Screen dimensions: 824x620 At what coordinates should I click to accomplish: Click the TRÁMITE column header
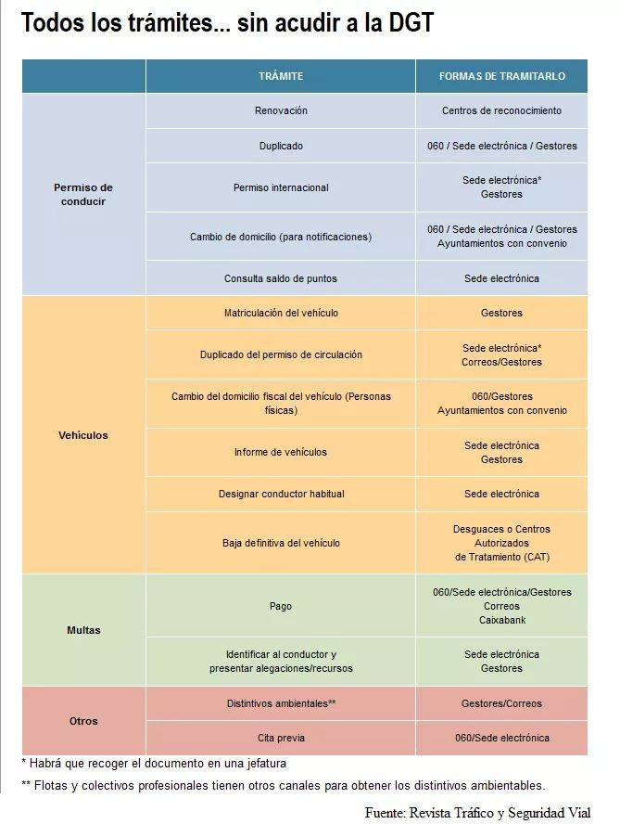280,76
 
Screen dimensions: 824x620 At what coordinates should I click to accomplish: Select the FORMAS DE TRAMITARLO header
501,76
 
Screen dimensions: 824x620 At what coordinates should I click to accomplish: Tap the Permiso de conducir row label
83,194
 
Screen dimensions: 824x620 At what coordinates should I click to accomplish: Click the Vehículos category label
83,435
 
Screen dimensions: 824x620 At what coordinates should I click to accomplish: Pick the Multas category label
83,630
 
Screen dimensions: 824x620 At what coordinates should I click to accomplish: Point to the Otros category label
83,721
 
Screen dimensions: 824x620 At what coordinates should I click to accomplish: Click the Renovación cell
281,110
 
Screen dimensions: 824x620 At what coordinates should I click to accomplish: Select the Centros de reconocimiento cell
501,110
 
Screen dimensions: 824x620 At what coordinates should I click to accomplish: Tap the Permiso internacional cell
281,187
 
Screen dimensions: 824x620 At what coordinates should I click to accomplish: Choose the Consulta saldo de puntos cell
281,278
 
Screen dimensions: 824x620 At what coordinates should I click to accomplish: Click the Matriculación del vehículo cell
281,313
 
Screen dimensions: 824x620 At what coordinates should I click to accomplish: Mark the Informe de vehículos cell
281,452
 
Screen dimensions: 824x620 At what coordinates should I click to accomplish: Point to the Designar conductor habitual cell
281,494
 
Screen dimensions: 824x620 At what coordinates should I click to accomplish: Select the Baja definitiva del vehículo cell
281,543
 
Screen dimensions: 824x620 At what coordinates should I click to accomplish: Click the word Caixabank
501,620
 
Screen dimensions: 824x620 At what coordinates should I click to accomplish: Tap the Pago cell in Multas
281,606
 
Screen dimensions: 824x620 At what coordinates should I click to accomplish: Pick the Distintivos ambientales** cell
281,703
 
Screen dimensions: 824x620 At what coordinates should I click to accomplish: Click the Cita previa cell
281,738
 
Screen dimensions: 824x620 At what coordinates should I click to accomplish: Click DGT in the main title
404,23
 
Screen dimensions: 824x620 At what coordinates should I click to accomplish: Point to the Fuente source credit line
477,812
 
